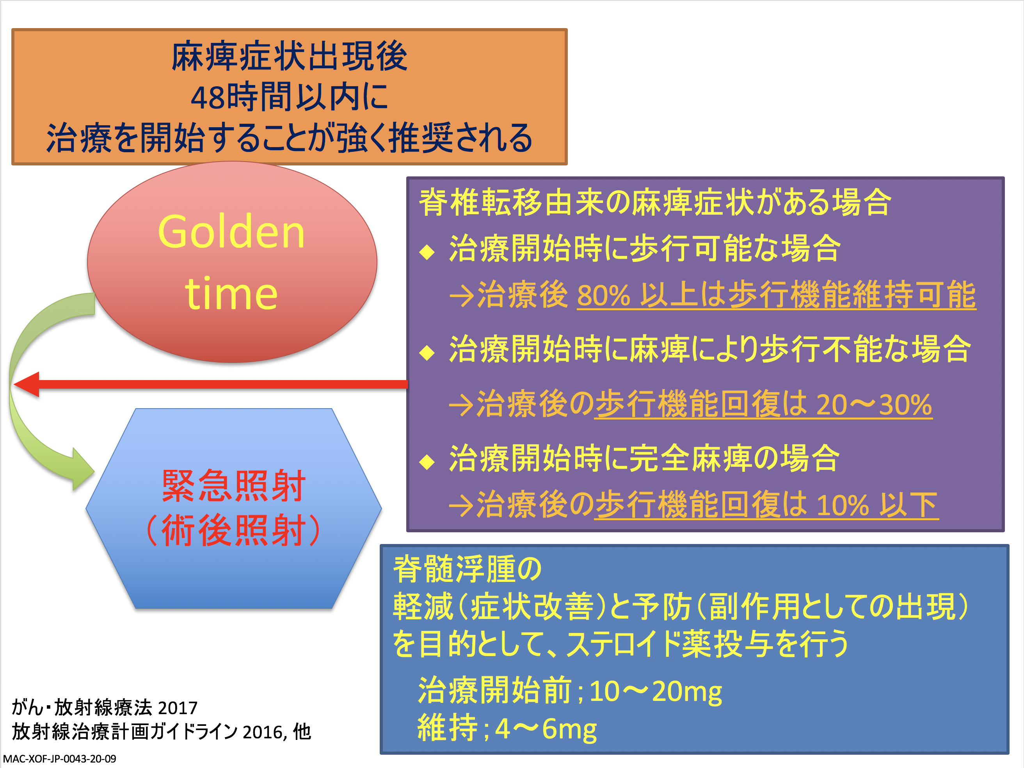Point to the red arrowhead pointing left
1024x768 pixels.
[x=27, y=384]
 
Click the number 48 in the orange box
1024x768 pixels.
[x=208, y=98]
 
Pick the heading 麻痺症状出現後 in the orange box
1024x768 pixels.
[x=289, y=57]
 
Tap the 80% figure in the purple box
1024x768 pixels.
[x=604, y=295]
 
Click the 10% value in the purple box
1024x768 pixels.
[x=843, y=505]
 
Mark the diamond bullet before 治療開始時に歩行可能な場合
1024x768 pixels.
[x=427, y=252]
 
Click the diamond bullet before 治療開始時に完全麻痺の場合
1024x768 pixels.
[x=427, y=462]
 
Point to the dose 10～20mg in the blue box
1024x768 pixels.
[x=656, y=691]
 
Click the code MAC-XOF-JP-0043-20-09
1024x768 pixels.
[x=60, y=759]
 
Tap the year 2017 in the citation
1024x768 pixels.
[x=178, y=708]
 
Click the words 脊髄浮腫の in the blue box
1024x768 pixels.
[x=467, y=569]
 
